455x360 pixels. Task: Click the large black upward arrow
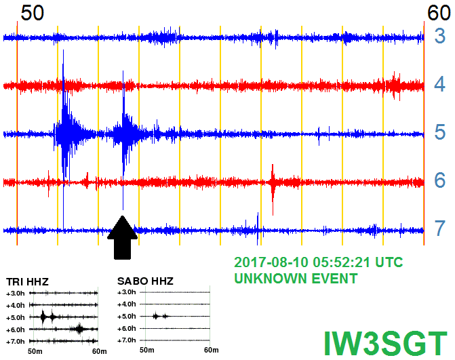coord(123,238)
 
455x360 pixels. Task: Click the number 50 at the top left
coord(33,13)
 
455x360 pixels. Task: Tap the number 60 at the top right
coord(439,13)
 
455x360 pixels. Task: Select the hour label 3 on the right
coord(440,36)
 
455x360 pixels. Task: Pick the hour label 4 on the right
coord(440,84)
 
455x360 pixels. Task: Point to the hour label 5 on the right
coord(440,132)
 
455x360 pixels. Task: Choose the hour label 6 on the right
coord(440,180)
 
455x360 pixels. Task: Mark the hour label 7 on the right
coord(440,228)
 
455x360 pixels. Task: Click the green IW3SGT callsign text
coord(386,344)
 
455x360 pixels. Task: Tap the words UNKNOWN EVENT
coord(296,279)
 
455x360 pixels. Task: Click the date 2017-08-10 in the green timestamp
coord(271,262)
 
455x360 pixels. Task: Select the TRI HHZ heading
coord(27,281)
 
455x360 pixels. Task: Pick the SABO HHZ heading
coord(145,281)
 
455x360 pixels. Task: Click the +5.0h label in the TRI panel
coord(16,318)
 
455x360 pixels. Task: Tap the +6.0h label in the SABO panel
coord(127,328)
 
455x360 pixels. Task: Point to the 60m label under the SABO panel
coord(212,350)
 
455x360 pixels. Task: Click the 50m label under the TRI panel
coord(35,351)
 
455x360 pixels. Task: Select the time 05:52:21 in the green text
coord(342,262)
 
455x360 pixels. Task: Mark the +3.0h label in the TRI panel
coord(16,294)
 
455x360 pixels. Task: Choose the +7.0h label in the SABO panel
coord(127,340)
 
